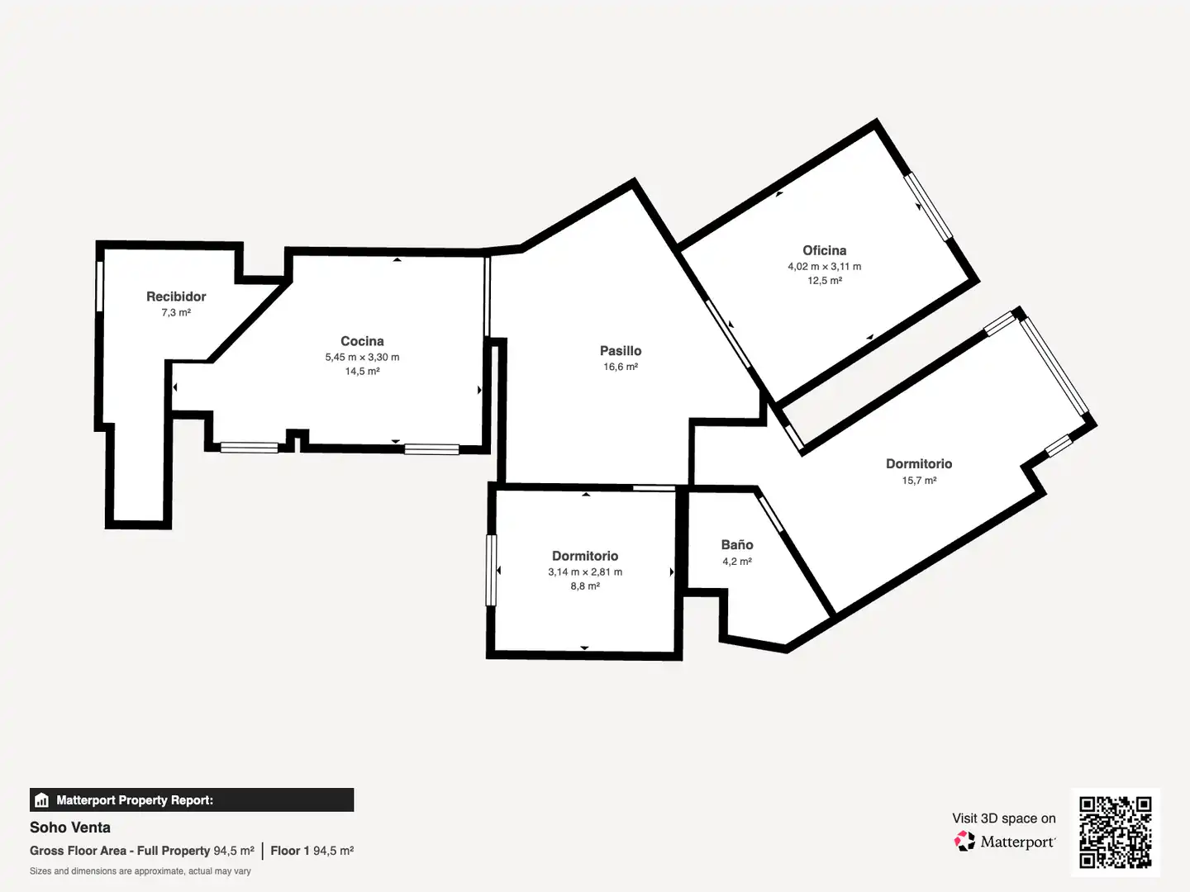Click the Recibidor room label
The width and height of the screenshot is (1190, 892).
pyautogui.click(x=176, y=297)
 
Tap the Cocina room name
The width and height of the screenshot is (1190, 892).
pyautogui.click(x=362, y=341)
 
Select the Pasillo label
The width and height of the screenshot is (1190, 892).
pyautogui.click(x=621, y=351)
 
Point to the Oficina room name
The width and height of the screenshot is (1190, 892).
pyautogui.click(x=825, y=251)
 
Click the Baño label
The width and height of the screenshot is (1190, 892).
pyautogui.click(x=737, y=545)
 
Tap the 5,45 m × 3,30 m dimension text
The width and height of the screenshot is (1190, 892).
pyautogui.click(x=362, y=358)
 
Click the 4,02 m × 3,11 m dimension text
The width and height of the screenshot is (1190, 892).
pyautogui.click(x=825, y=267)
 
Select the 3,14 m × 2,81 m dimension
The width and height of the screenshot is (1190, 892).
pyautogui.click(x=585, y=572)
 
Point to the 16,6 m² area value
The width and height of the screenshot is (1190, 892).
pyautogui.click(x=621, y=367)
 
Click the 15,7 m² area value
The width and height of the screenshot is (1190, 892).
pyautogui.click(x=920, y=481)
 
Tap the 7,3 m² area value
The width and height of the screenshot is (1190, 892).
pyautogui.click(x=176, y=312)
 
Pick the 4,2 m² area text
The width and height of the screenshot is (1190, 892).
pyautogui.click(x=737, y=562)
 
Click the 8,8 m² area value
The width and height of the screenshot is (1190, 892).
pyautogui.click(x=585, y=586)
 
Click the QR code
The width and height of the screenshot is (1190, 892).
pyautogui.click(x=1115, y=833)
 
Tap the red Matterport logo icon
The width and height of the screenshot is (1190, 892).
pyautogui.click(x=964, y=841)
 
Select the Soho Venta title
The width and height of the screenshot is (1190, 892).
pyautogui.click(x=70, y=828)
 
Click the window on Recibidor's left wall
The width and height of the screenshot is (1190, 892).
pyautogui.click(x=100, y=287)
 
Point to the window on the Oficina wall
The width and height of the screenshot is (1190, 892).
pyautogui.click(x=928, y=206)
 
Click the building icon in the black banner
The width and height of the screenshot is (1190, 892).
pyautogui.click(x=42, y=800)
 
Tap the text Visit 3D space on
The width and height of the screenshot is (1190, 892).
pyautogui.click(x=1004, y=818)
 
